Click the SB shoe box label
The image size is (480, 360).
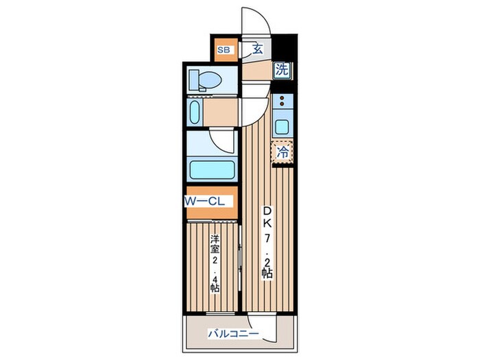(x=224, y=50)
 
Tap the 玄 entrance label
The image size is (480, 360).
(x=258, y=49)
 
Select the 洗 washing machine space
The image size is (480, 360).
(x=282, y=70)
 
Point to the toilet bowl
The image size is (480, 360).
(x=206, y=80)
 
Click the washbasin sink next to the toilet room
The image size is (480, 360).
(x=195, y=112)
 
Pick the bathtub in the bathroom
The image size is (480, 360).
(x=212, y=170)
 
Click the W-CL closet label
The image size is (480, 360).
(x=204, y=201)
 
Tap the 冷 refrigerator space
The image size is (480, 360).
(x=283, y=152)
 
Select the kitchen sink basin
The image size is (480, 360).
(x=283, y=127)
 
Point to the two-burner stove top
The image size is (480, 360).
(x=283, y=101)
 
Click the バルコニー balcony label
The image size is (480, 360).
(x=234, y=333)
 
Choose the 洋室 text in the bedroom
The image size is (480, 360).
(x=215, y=243)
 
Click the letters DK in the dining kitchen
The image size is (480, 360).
(x=267, y=217)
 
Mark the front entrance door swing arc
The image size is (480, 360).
(x=263, y=14)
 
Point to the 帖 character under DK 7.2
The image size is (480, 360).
(x=267, y=272)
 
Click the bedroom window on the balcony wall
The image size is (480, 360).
(x=220, y=313)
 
